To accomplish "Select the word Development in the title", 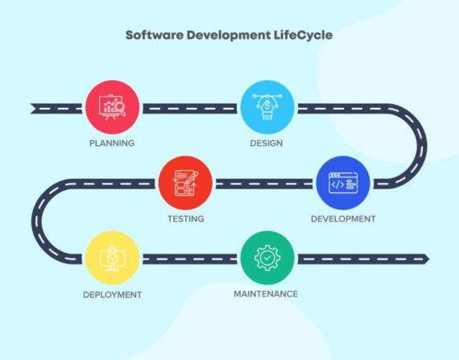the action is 229,35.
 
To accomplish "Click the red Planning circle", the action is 113,107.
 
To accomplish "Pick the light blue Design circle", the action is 267,107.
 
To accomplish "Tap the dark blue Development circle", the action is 343,183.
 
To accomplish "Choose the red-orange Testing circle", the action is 185,183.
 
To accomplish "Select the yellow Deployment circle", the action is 113,258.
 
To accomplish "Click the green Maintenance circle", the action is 267,258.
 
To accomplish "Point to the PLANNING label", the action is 112,143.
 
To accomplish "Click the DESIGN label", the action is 267,143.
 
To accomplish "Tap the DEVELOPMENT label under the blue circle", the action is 343,218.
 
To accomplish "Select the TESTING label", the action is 185,218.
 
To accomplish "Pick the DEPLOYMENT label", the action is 113,295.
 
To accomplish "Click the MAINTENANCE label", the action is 266,294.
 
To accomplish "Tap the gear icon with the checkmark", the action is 267,258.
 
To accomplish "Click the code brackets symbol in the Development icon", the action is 337,184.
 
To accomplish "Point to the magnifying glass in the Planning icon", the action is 121,109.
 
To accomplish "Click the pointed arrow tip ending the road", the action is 428,259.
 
